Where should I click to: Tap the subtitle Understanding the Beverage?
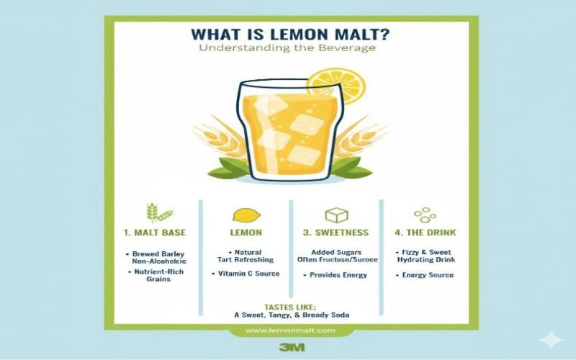click(287, 48)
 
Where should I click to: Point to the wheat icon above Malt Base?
click(159, 212)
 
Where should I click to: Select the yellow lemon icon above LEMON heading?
click(246, 215)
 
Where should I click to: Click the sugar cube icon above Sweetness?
click(336, 215)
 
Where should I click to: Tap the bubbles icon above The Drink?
click(425, 215)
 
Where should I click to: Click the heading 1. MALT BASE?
click(155, 233)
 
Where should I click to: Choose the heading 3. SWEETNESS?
click(336, 233)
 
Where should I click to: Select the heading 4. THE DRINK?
click(425, 233)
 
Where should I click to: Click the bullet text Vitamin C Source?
click(248, 274)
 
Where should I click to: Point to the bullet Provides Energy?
click(338, 275)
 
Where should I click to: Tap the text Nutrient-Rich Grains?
click(158, 276)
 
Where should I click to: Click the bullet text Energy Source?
click(428, 275)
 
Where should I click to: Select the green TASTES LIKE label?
click(290, 307)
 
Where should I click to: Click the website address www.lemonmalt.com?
click(290, 330)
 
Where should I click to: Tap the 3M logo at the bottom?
click(292, 347)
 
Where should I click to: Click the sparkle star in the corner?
click(551, 339)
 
